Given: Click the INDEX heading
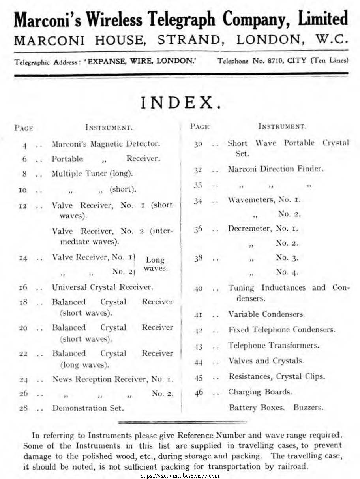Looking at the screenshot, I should click(181, 103).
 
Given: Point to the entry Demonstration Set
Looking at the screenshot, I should click(88, 408).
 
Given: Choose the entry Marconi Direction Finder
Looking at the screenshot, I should click(276, 169).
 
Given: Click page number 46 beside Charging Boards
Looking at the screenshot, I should click(199, 393).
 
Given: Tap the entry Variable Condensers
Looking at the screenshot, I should click(266, 314).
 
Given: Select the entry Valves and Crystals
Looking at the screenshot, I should click(266, 361).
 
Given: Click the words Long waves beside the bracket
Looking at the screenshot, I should click(155, 264).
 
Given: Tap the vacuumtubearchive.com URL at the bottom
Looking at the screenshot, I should click(180, 476).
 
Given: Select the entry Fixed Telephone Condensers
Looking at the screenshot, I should click(281, 329).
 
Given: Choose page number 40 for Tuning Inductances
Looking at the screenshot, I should click(198, 289).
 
